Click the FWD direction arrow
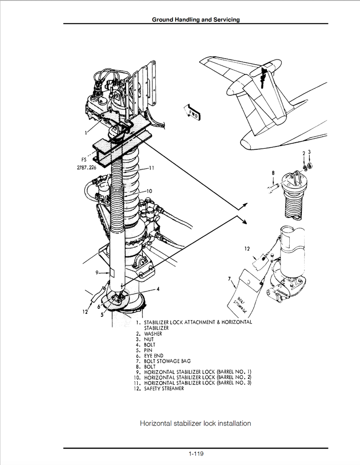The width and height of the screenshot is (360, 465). [192, 113]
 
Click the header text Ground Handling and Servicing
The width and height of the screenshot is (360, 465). [196, 20]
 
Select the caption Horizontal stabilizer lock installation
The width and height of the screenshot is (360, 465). [195, 423]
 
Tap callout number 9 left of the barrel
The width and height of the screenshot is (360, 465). [96, 272]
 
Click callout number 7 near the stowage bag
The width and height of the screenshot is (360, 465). [230, 279]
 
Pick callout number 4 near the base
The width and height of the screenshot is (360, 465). [158, 289]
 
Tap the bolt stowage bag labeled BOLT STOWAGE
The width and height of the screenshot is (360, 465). [245, 297]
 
